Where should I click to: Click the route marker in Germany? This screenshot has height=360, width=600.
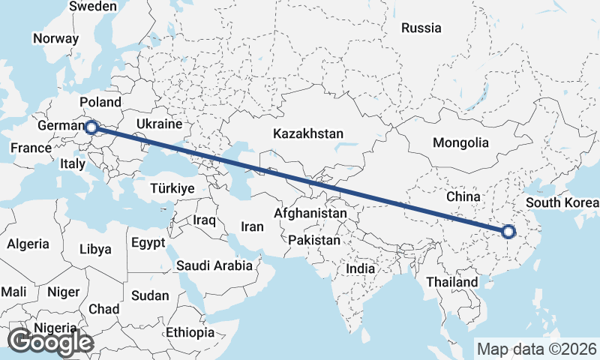[91, 127]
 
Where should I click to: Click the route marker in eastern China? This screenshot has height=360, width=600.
[508, 231]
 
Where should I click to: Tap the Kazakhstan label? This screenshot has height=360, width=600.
[308, 134]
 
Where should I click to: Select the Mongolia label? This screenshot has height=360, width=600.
[460, 143]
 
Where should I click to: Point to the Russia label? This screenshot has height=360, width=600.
[421, 28]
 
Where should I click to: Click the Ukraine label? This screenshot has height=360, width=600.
[160, 124]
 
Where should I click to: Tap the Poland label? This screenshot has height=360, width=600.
[100, 102]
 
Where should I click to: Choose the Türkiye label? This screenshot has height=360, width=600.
[172, 188]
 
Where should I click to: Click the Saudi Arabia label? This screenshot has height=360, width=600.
[214, 265]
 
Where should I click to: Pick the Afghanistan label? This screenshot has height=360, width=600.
[310, 214]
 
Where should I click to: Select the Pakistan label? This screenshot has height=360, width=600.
[314, 241]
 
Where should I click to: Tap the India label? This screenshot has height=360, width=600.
[360, 268]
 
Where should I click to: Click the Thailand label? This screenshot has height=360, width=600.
[451, 282]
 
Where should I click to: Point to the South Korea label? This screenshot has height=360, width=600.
[562, 202]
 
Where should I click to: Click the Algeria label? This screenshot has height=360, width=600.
[28, 244]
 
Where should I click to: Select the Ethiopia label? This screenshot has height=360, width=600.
[190, 332]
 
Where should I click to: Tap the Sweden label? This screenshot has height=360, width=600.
[93, 7]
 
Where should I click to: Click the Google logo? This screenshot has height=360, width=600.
[49, 342]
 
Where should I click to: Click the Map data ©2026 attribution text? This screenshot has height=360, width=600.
[536, 349]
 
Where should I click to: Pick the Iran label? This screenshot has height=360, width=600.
[253, 226]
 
